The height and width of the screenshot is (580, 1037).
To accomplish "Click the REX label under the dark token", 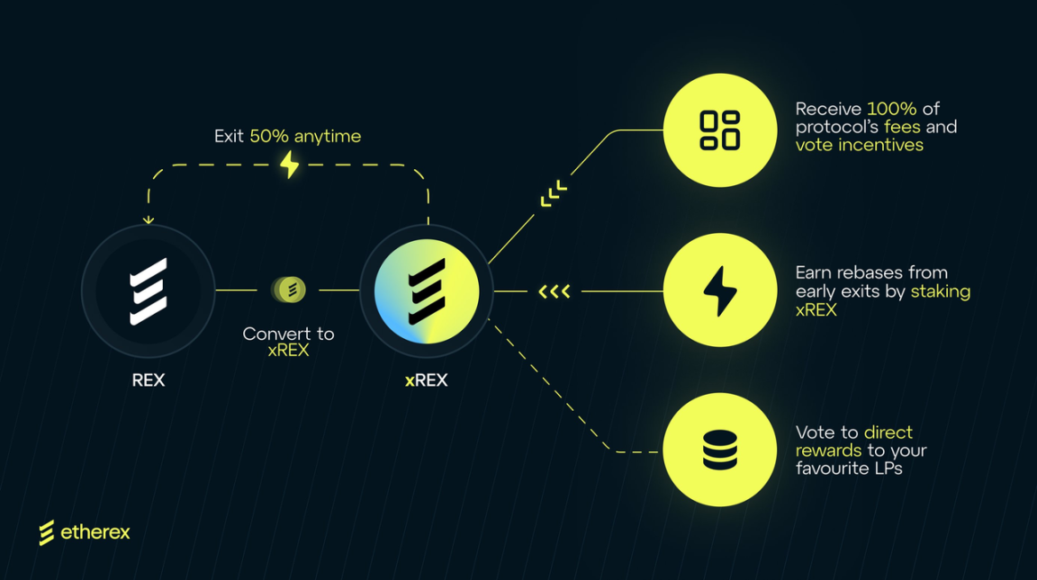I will pyautogui.click(x=149, y=380).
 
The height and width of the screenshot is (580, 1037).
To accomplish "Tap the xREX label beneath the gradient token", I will pyautogui.click(x=426, y=380).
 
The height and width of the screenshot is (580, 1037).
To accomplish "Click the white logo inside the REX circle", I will pyautogui.click(x=149, y=291).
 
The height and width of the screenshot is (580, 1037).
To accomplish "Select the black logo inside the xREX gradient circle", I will pyautogui.click(x=427, y=291).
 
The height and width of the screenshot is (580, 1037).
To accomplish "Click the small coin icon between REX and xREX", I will pyautogui.click(x=289, y=290).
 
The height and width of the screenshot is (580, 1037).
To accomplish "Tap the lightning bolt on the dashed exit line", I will pyautogui.click(x=289, y=165).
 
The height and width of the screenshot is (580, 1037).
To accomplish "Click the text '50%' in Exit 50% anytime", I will pyautogui.click(x=270, y=137).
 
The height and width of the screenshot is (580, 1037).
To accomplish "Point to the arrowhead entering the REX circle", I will pyautogui.click(x=149, y=219).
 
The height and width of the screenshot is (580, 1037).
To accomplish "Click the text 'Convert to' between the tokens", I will pyautogui.click(x=288, y=334).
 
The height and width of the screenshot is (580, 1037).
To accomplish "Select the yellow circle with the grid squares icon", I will pyautogui.click(x=719, y=130).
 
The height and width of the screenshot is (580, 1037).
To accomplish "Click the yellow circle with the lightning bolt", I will pyautogui.click(x=719, y=290).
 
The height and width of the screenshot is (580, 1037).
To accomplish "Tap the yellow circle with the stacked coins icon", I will pyautogui.click(x=719, y=450).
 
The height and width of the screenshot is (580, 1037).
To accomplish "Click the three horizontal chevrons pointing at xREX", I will pyautogui.click(x=554, y=291).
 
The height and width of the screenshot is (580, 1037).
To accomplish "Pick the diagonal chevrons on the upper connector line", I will pyautogui.click(x=554, y=193).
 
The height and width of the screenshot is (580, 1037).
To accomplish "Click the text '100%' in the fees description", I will pyautogui.click(x=891, y=109).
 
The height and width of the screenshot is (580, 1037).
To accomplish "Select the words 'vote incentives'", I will pyautogui.click(x=859, y=145).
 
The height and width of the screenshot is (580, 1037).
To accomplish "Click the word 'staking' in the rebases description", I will pyautogui.click(x=940, y=291).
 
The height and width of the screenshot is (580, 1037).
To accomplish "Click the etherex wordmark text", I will pyautogui.click(x=95, y=532).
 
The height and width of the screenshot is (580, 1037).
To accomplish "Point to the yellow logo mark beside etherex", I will pyautogui.click(x=47, y=532).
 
